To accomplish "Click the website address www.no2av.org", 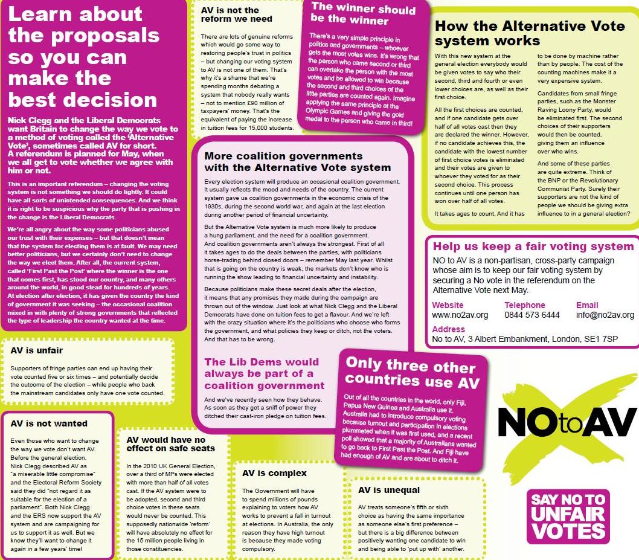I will point(460,315).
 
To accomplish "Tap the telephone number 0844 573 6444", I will point(532,315).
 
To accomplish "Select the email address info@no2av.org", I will point(605,315).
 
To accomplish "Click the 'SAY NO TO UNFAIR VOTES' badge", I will point(568,516).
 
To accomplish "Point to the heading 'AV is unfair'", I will point(37,350).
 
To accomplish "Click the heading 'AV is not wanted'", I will point(49,423).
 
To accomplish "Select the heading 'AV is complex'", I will point(274,473).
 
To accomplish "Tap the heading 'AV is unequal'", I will point(389,490).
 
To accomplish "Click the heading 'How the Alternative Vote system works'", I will point(529,33).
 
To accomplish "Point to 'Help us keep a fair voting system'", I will point(533,246).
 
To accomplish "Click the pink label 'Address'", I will point(449,329).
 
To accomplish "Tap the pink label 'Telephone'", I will point(525,305).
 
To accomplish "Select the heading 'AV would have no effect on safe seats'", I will point(170,444).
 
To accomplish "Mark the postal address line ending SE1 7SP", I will point(525,340).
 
